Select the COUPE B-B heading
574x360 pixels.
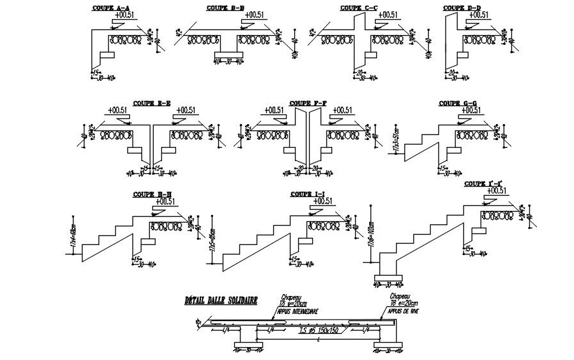click(225, 8)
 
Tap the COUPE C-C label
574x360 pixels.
click(359, 8)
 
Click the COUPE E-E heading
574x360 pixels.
click(152, 103)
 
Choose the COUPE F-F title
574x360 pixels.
click(308, 103)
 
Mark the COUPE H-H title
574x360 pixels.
click(152, 194)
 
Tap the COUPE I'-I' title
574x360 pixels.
click(484, 184)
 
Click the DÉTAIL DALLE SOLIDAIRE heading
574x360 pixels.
click(221, 299)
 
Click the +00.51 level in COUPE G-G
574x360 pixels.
click(471, 111)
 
